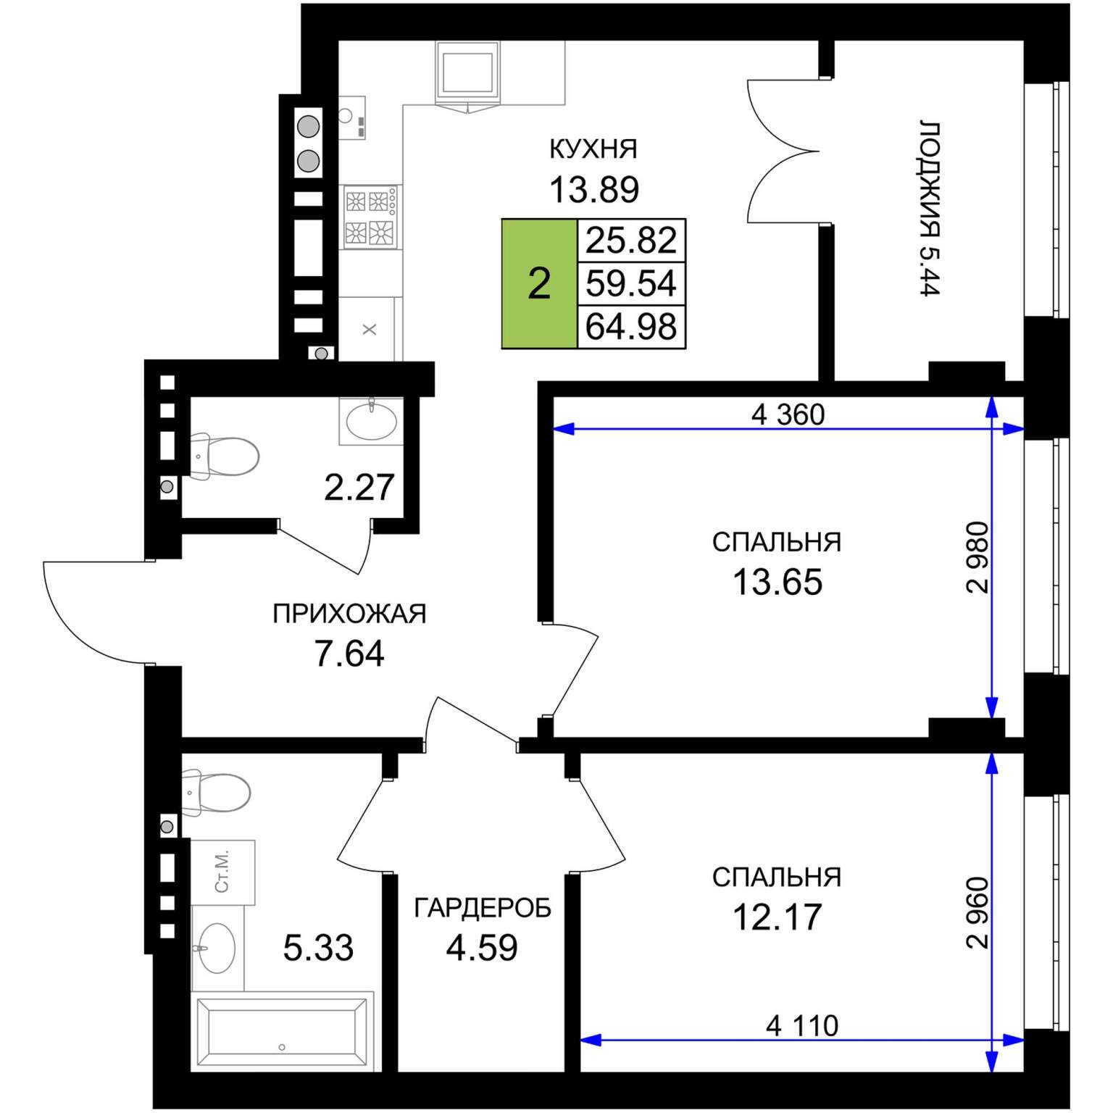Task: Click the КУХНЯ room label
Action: pyautogui.click(x=593, y=149)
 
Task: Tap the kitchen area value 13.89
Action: pyautogui.click(x=594, y=190)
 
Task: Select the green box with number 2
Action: pyautogui.click(x=539, y=283)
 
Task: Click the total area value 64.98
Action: pyautogui.click(x=631, y=326)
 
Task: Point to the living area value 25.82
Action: pyautogui.click(x=631, y=240)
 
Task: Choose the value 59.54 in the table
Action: pyautogui.click(x=631, y=283)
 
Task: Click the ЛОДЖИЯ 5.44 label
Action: pyautogui.click(x=930, y=208)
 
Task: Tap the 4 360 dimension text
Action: pyautogui.click(x=788, y=414)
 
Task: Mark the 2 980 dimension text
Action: pyautogui.click(x=977, y=557)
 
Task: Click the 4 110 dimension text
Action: pyautogui.click(x=802, y=1025)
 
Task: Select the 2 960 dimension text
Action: pyautogui.click(x=977, y=912)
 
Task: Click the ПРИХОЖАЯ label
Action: pyautogui.click(x=349, y=614)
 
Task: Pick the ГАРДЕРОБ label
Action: pyautogui.click(x=483, y=907)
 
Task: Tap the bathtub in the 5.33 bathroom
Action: pyautogui.click(x=282, y=1032)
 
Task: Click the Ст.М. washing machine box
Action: pyautogui.click(x=223, y=872)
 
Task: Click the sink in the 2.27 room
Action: pyautogui.click(x=371, y=421)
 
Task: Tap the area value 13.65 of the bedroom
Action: pyautogui.click(x=778, y=581)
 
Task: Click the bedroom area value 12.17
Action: pyautogui.click(x=778, y=916)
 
